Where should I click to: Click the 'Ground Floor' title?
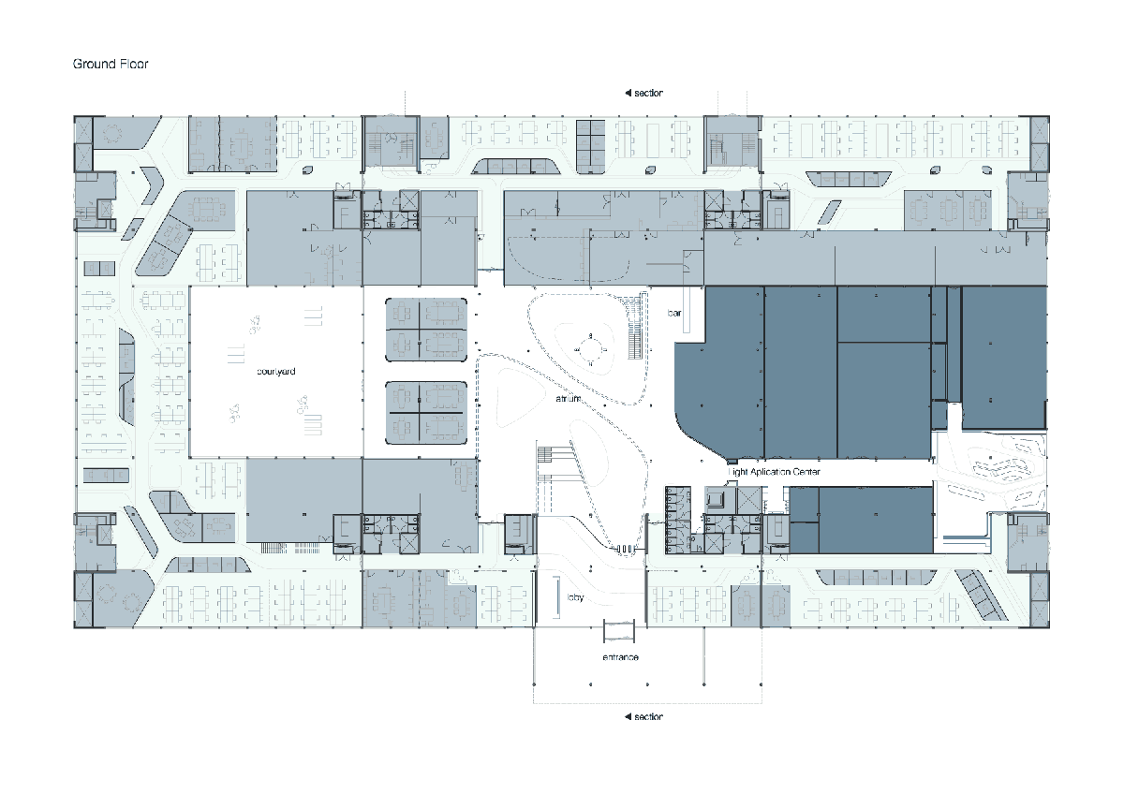111,65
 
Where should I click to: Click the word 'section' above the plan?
648,94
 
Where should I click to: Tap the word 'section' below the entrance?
648,717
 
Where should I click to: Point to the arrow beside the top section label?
628,93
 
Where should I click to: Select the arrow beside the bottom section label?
628,716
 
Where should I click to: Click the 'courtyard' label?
276,372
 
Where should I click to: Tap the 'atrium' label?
568,399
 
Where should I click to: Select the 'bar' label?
674,313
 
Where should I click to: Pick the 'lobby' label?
575,597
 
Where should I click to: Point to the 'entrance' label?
621,657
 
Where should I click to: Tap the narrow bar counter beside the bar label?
687,310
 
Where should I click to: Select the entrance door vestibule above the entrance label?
619,630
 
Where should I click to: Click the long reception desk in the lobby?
556,596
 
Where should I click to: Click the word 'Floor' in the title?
133,65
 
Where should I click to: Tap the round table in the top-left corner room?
112,133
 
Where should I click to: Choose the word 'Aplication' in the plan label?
765,472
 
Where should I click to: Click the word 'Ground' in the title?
95,65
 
